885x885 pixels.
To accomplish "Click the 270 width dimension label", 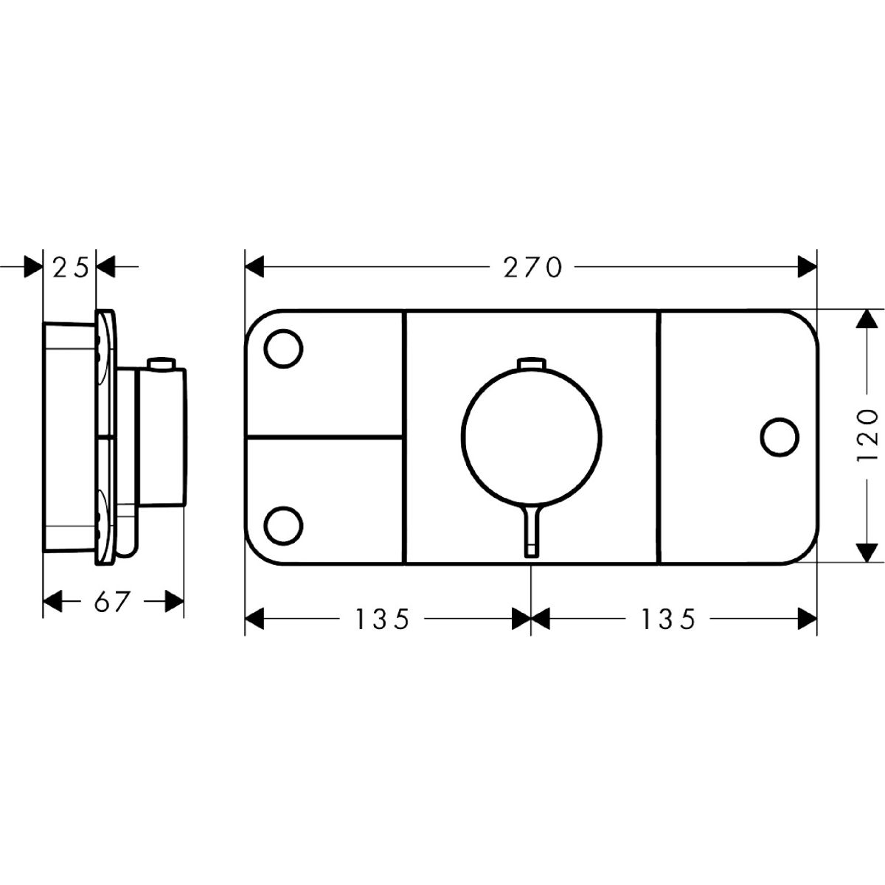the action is [x=532, y=267].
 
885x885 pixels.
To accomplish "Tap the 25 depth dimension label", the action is [x=70, y=268].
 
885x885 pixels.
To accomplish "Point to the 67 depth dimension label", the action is [x=110, y=601].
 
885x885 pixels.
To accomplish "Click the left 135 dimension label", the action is [x=382, y=618].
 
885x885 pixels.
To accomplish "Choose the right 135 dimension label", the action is [x=667, y=618].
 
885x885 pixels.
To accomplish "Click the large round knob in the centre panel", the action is [x=531, y=437].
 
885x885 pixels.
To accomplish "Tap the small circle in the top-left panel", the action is [x=284, y=349].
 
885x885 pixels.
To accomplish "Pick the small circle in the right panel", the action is [x=780, y=437].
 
